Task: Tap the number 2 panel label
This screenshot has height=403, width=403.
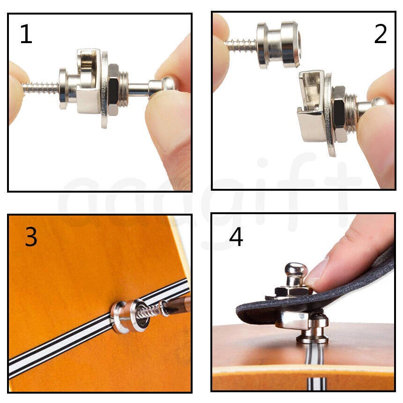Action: point(380,34)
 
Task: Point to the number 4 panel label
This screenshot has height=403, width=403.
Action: point(236,237)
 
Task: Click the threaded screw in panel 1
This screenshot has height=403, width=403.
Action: point(40,88)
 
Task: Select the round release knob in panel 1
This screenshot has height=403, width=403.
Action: point(168,84)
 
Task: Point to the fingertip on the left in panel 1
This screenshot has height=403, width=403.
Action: point(17,91)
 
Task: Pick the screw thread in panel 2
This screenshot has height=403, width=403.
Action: point(241,45)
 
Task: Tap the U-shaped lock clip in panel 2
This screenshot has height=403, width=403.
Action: point(312,108)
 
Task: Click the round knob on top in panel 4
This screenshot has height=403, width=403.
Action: point(296,272)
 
